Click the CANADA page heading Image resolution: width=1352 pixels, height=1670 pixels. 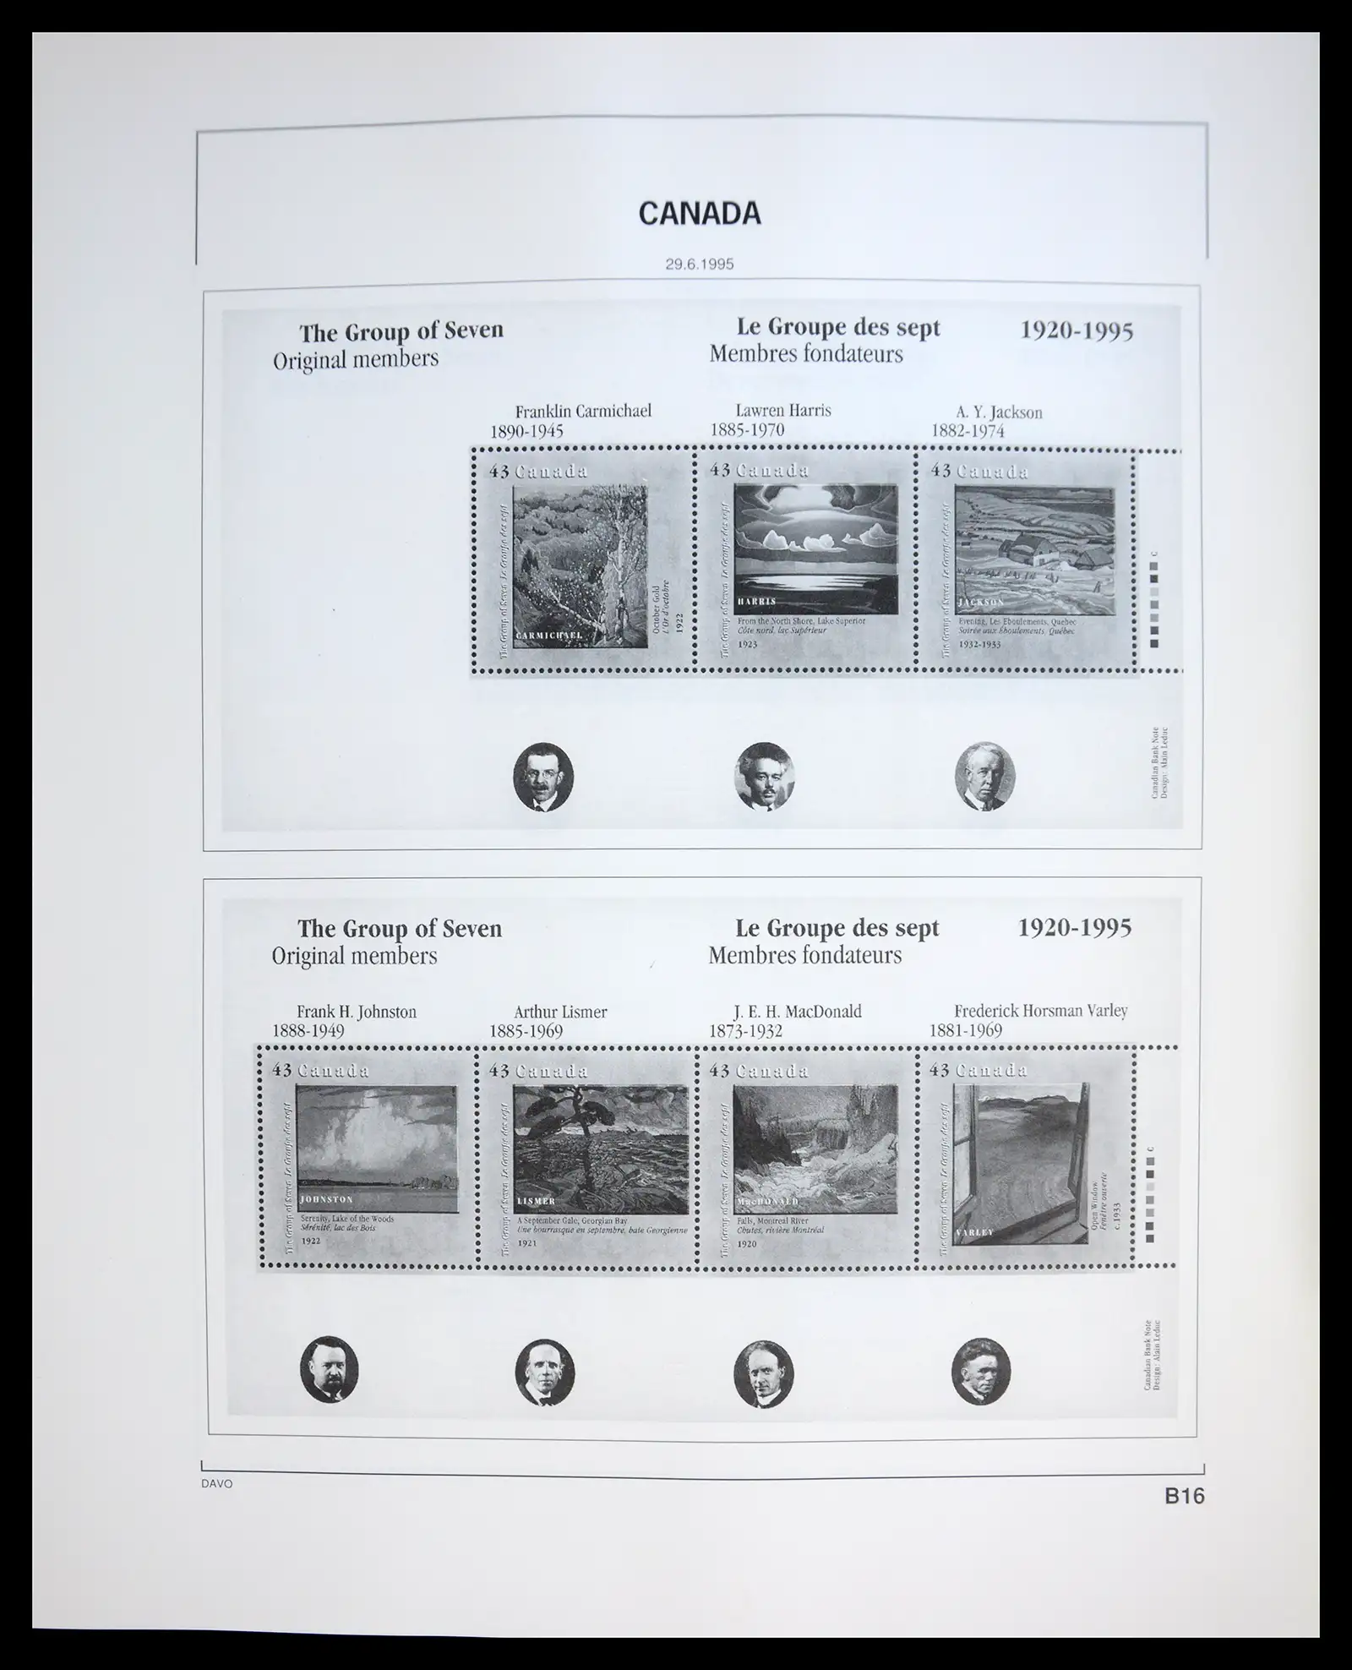(x=700, y=214)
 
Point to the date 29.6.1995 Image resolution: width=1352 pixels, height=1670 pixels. (x=699, y=264)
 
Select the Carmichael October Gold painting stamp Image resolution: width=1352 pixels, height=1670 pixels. (x=582, y=560)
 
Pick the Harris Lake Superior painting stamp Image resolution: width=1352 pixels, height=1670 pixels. (x=804, y=560)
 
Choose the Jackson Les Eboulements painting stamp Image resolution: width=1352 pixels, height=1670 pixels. (x=1026, y=560)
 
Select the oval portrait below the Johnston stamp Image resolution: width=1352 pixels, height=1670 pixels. (x=330, y=1371)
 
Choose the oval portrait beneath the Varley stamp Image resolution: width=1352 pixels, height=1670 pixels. (x=980, y=1371)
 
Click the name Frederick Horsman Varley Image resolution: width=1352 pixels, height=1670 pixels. (x=1040, y=1011)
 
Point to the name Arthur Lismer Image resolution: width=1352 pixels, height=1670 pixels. (x=560, y=1012)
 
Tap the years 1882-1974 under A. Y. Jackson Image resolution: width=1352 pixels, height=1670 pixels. (x=968, y=431)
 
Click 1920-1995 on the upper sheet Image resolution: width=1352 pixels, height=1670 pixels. (x=1077, y=330)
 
